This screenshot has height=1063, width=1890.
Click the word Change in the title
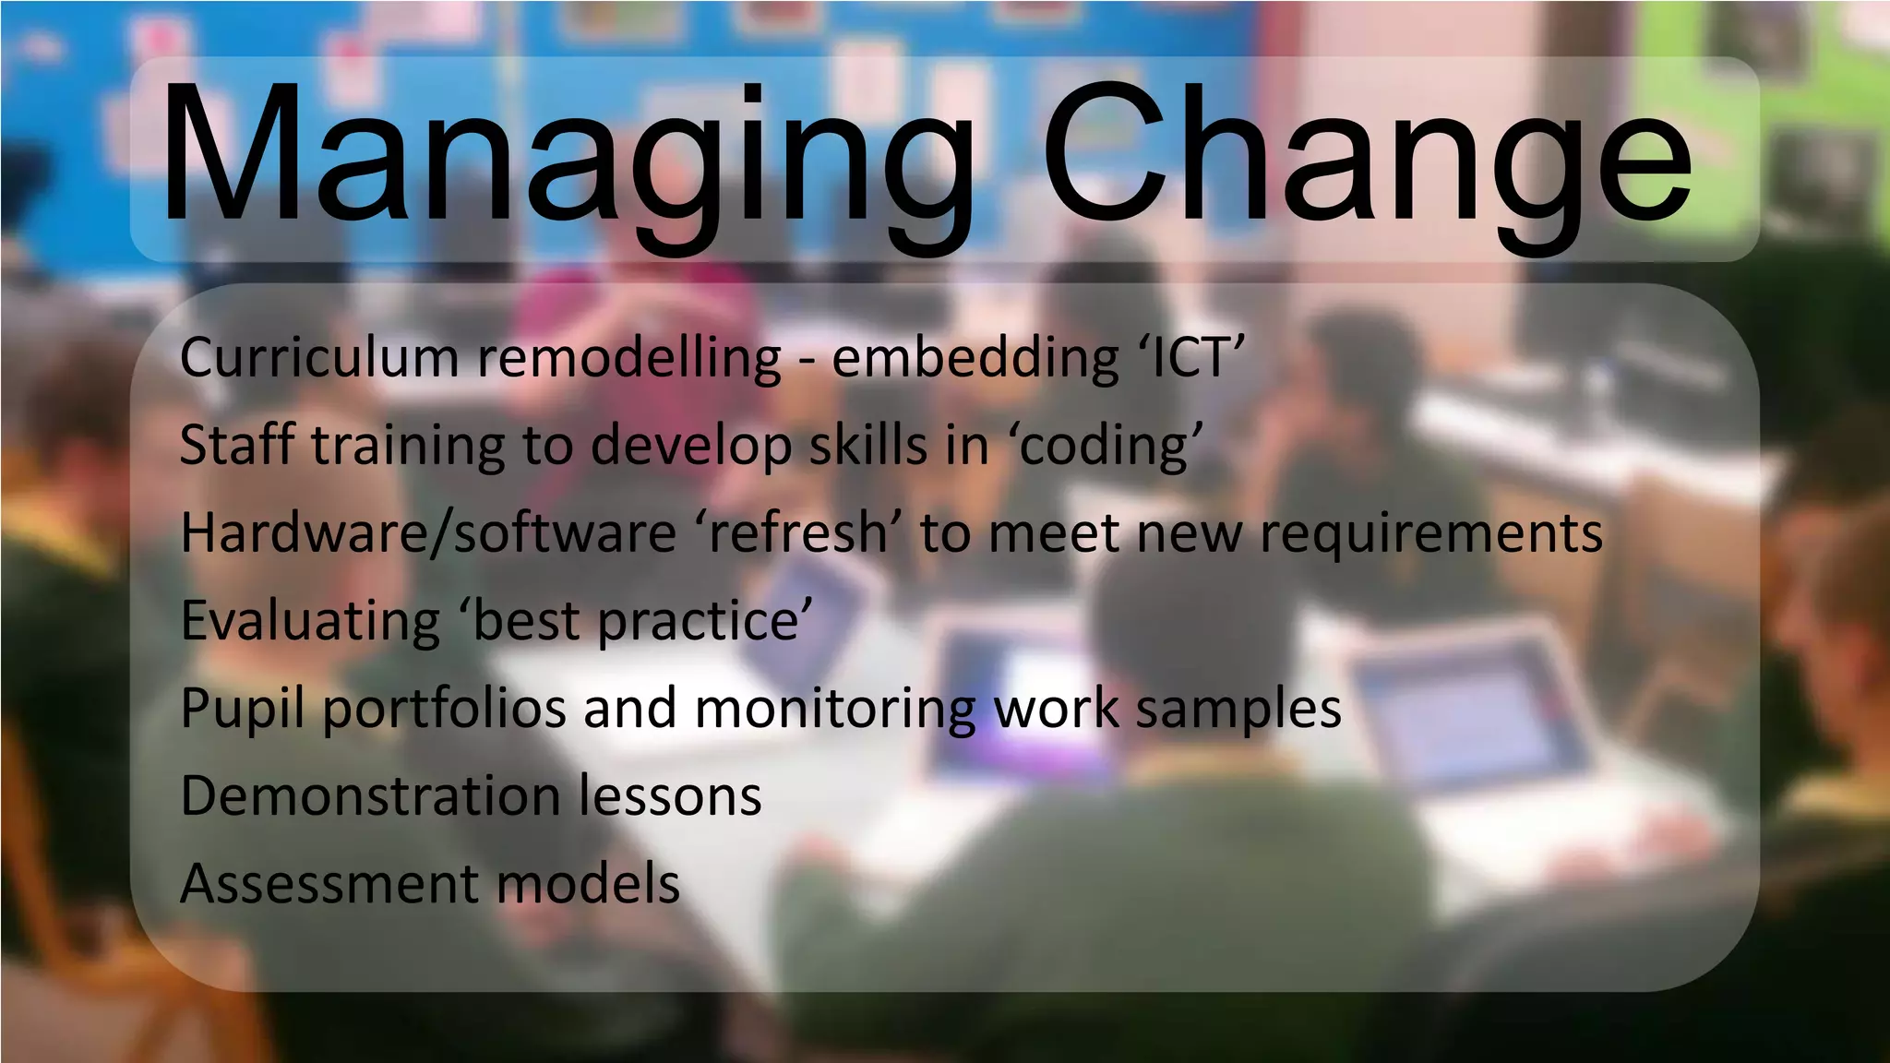pyautogui.click(x=1366, y=157)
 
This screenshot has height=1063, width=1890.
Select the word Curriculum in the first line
pyautogui.click(x=318, y=358)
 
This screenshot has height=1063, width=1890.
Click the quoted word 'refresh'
pyautogui.click(x=799, y=533)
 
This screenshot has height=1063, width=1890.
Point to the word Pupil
pyautogui.click(x=242, y=709)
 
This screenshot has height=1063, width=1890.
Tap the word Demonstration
pyautogui.click(x=370, y=795)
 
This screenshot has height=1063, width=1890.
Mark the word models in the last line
pyautogui.click(x=589, y=883)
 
